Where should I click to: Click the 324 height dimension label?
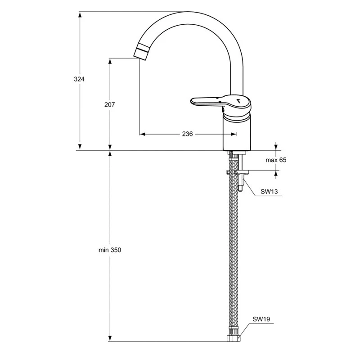pyautogui.click(x=79, y=79)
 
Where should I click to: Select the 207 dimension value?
pyautogui.click(x=109, y=104)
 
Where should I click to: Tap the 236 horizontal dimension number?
pyautogui.click(x=187, y=134)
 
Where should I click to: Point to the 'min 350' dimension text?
pyautogui.click(x=110, y=250)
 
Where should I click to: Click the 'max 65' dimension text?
pyautogui.click(x=275, y=160)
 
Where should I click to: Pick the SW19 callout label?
pyautogui.click(x=261, y=319)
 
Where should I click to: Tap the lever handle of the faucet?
pyautogui.click(x=207, y=102)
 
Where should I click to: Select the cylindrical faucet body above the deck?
pyautogui.click(x=237, y=133)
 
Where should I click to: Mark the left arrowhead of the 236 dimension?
pyautogui.click(x=142, y=134)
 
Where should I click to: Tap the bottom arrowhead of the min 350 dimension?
pyautogui.click(x=110, y=338)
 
